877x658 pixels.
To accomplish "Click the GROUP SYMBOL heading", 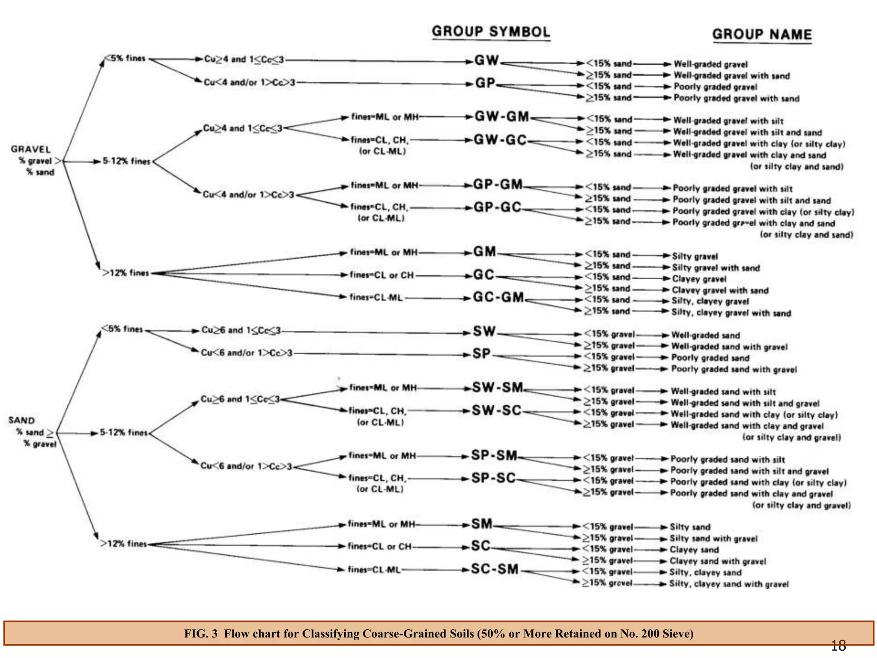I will click(491, 32).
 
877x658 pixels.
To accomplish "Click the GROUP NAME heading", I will click(762, 34).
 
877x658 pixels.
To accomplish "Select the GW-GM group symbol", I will click(502, 117).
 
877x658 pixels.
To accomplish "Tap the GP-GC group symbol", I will click(497, 207).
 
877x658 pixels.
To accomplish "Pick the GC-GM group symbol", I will click(498, 297).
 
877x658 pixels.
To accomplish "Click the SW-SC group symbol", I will click(496, 410).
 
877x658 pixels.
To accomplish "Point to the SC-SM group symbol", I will click(495, 569).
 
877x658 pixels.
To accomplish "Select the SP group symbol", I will click(481, 353).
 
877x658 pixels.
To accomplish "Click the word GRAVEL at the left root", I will click(30, 150).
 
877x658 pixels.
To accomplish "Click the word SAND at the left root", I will click(21, 420).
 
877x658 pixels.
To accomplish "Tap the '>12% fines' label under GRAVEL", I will click(125, 273).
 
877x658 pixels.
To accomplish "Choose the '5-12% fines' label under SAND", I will click(123, 433).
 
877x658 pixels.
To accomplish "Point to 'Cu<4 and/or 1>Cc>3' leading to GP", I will click(249, 82).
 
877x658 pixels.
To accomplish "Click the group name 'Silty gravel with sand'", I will click(716, 268).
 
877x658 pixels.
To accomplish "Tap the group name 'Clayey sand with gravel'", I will click(718, 561).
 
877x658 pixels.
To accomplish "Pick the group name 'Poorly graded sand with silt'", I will click(727, 460).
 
